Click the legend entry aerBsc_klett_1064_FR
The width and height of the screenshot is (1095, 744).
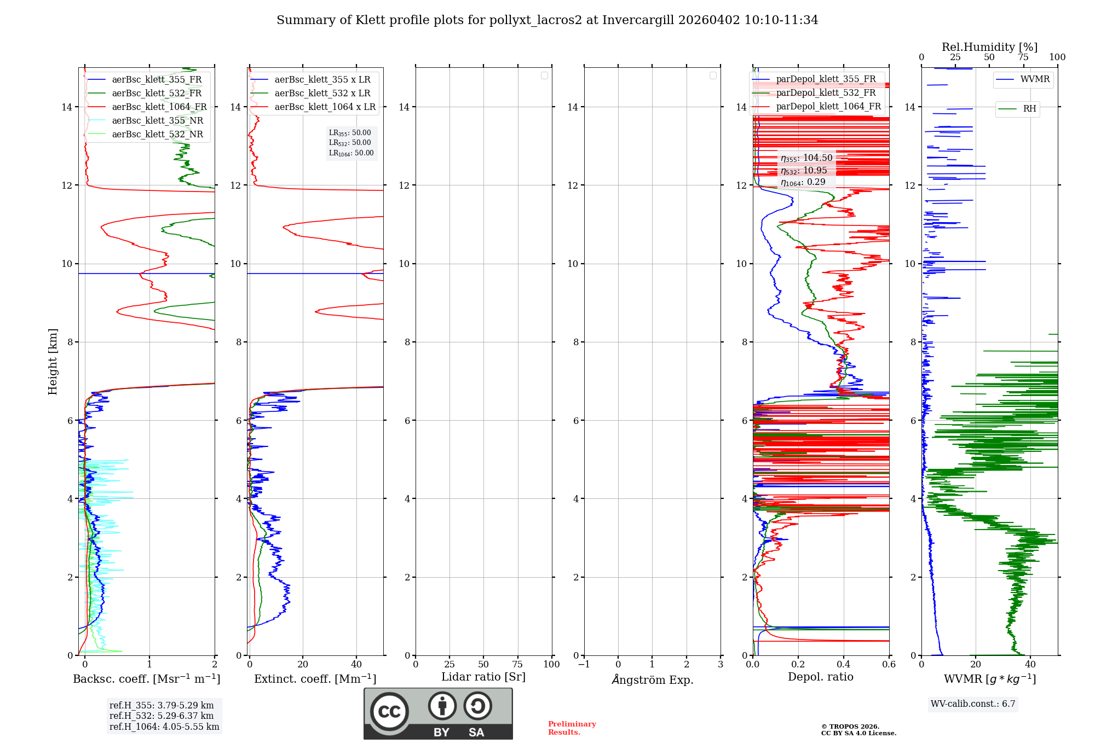(159, 107)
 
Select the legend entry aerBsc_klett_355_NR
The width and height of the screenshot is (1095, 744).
(157, 121)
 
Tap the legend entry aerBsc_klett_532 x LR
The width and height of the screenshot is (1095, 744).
(322, 94)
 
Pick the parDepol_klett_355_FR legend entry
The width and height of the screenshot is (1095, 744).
(826, 79)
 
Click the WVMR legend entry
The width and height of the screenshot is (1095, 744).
(1035, 79)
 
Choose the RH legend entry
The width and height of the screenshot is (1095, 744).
(1029, 109)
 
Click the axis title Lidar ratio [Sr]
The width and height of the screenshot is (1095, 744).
(483, 677)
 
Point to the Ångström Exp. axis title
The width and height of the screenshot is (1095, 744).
(653, 680)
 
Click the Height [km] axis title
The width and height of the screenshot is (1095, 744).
(53, 362)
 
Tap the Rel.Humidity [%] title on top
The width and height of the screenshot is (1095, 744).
(989, 47)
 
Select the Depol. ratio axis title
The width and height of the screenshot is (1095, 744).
(820, 677)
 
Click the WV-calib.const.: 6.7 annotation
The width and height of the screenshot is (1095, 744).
(973, 704)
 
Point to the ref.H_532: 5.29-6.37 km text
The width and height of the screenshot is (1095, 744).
(162, 716)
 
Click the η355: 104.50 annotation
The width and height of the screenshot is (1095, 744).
(806, 158)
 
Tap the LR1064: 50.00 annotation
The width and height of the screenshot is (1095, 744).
(351, 153)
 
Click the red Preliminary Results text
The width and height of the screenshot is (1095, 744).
(572, 728)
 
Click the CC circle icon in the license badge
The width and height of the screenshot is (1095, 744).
(389, 712)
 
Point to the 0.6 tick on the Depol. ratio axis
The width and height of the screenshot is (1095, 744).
(889, 665)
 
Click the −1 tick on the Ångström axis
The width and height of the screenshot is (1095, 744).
(584, 665)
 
